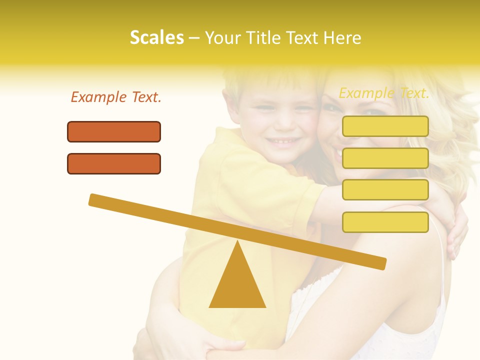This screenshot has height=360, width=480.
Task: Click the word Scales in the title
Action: point(156,38)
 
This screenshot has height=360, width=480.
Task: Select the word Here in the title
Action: point(342,38)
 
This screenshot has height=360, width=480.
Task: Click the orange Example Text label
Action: point(116,97)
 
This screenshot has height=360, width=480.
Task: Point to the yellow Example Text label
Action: point(384,93)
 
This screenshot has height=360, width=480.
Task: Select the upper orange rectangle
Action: point(114,131)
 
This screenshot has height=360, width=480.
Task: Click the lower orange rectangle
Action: point(114,163)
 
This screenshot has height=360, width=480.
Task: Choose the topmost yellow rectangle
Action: point(385,126)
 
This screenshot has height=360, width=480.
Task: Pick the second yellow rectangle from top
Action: point(385,158)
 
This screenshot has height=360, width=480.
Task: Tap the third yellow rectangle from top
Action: point(385,190)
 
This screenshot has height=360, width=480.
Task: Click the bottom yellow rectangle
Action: point(385,222)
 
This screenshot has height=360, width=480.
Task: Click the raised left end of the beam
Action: point(95,200)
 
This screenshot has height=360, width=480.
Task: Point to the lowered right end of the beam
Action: point(380,263)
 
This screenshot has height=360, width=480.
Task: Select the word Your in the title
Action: point(222,38)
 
